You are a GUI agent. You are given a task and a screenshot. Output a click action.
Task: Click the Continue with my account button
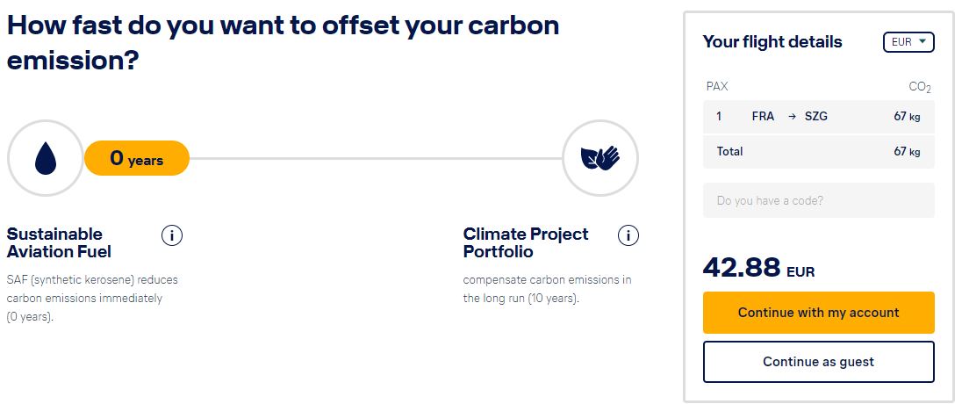tap(818, 313)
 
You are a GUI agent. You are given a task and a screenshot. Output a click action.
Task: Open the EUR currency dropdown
tap(908, 42)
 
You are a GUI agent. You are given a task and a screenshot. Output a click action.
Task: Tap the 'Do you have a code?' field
tap(818, 200)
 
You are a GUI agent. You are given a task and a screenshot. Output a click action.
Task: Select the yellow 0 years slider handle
tap(136, 158)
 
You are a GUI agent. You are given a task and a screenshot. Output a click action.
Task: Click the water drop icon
tap(46, 158)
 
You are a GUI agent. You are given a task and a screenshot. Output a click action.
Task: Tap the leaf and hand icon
tap(600, 158)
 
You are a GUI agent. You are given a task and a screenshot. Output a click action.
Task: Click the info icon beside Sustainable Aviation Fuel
tap(172, 235)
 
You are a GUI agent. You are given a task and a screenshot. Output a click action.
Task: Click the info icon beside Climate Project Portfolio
tap(628, 235)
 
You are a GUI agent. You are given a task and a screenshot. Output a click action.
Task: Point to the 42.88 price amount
tap(742, 267)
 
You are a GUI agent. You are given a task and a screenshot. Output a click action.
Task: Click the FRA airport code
tap(763, 116)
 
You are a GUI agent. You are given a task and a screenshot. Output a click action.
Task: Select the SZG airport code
tap(816, 116)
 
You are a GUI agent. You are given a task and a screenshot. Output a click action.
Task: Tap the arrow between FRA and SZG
tap(792, 116)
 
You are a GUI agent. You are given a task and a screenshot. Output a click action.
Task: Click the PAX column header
tap(717, 87)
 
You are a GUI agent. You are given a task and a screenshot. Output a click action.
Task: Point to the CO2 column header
tap(920, 87)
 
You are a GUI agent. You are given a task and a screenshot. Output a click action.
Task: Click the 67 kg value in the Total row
tap(907, 152)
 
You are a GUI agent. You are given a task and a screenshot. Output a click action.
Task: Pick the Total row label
tap(729, 151)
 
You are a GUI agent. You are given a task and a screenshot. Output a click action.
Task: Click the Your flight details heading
tap(772, 42)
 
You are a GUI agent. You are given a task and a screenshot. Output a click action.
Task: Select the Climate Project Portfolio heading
tap(526, 242)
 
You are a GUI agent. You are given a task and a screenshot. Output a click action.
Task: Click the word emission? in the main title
tap(72, 61)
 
